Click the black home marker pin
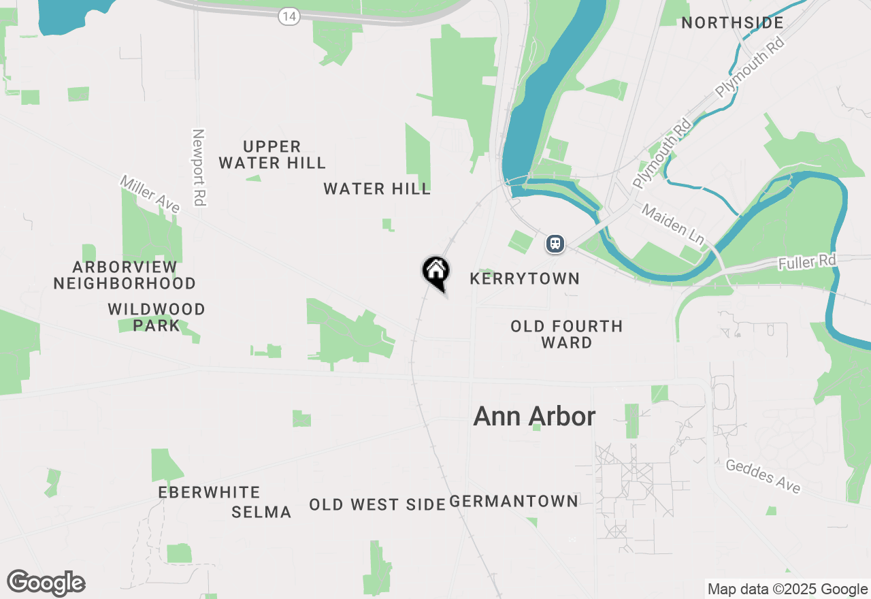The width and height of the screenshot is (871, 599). click(435, 271)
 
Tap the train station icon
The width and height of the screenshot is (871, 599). click(555, 243)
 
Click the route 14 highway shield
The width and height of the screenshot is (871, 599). click(289, 16)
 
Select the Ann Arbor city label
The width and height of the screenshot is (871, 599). click(534, 417)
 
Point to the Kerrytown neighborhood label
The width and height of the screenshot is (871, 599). click(525, 278)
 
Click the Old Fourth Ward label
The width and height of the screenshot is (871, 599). click(567, 334)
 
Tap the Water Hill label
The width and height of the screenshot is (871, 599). click(377, 189)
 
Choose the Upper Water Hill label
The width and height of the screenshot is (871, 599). click(272, 155)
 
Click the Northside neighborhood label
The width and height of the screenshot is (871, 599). click(732, 22)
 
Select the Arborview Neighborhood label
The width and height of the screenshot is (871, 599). click(125, 275)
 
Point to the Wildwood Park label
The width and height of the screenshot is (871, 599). click(157, 317)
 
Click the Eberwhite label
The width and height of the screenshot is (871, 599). click(209, 492)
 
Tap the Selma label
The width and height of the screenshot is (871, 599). click(261, 512)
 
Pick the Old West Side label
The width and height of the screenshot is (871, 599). click(377, 504)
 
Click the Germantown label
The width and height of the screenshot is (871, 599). click(514, 502)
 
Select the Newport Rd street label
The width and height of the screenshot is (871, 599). click(199, 167)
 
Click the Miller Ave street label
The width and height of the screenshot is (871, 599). click(150, 193)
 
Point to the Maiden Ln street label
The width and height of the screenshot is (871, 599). click(673, 222)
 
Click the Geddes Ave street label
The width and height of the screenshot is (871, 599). click(763, 476)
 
